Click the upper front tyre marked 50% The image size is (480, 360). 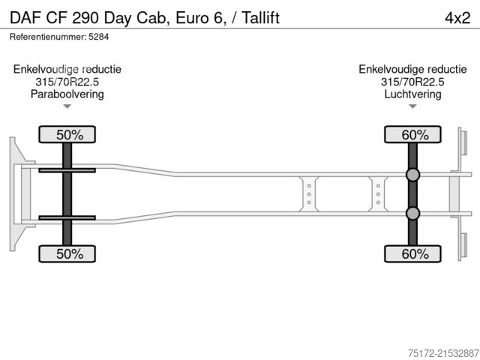point(67,135)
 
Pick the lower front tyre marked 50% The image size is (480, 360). point(67,254)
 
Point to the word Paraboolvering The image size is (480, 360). point(67,94)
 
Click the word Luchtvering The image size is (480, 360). point(412,94)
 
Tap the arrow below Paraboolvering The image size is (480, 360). point(67,106)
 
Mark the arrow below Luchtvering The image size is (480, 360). point(412,106)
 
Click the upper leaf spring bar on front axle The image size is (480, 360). point(67,170)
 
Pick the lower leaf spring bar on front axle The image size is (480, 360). point(67,218)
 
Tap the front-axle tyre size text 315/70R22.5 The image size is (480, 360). point(67,82)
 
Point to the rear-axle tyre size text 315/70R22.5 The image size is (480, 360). point(412,82)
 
